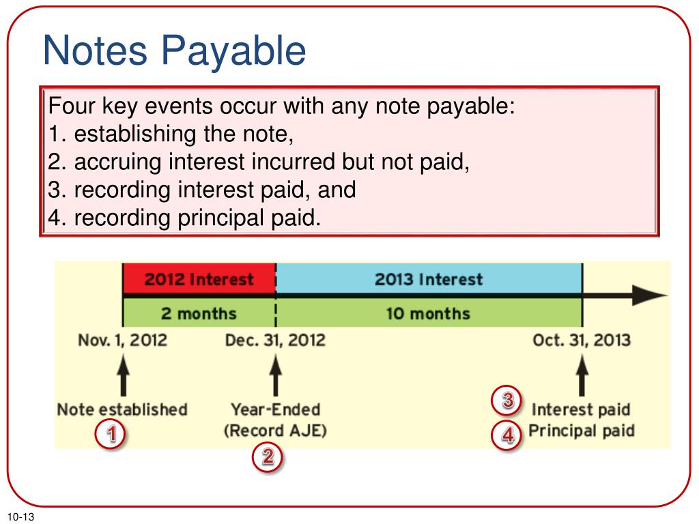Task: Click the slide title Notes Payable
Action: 174,52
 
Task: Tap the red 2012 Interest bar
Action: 199,280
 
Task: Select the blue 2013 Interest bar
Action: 429,280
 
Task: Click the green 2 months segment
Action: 199,314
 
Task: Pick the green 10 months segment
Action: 429,314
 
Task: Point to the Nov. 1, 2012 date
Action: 122,340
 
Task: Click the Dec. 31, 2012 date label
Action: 275,340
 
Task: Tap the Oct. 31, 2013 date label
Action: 582,340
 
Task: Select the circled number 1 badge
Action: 109,435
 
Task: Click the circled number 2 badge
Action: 268,457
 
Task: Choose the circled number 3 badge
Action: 508,401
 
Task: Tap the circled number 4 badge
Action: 508,435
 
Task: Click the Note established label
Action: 122,409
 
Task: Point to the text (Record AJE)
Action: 275,431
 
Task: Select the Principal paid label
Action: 582,431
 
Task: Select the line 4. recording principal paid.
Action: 184,218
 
